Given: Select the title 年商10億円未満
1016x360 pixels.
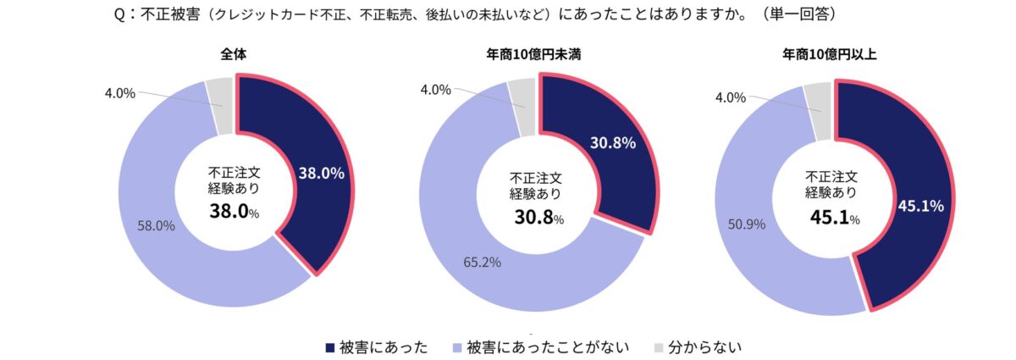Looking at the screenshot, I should click(x=533, y=55).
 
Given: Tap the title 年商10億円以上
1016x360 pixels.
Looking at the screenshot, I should click(x=829, y=55).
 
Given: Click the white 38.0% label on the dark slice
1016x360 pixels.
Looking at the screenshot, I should click(x=321, y=174).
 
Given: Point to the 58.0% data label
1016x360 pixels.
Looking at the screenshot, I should click(x=156, y=225).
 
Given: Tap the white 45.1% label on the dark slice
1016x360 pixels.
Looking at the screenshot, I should click(x=921, y=205).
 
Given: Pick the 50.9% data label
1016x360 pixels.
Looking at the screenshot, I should click(x=746, y=225).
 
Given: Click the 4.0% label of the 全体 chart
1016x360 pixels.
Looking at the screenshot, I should click(x=119, y=93).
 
